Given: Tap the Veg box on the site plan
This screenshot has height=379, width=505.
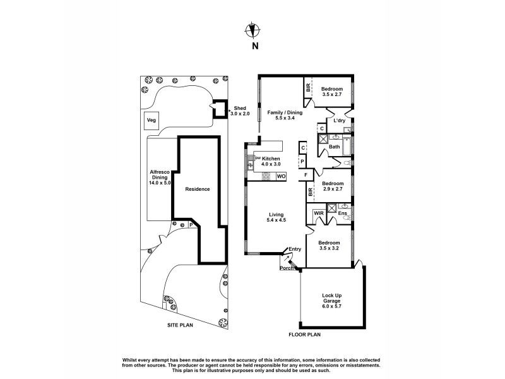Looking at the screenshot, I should coord(151,120).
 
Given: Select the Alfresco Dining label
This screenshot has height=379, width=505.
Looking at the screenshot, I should coord(160,179).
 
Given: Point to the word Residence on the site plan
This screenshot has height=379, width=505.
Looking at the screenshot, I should coord(197,189).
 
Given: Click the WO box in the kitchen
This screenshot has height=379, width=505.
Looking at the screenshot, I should coord(282,176).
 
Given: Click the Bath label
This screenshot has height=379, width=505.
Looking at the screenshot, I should coord(335,147).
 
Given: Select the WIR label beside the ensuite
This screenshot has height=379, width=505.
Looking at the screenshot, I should coord(319,214).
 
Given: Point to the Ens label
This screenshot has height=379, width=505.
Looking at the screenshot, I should coord(342,214).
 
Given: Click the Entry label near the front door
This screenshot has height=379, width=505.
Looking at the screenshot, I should coord(295,249).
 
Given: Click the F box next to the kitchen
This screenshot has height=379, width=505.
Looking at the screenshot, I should coord(306,175).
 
